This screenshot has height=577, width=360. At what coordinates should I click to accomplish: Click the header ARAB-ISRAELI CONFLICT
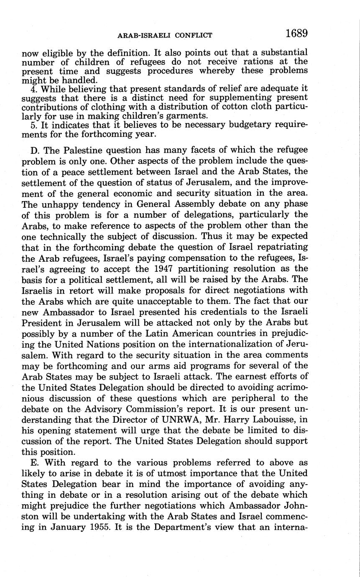164,35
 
